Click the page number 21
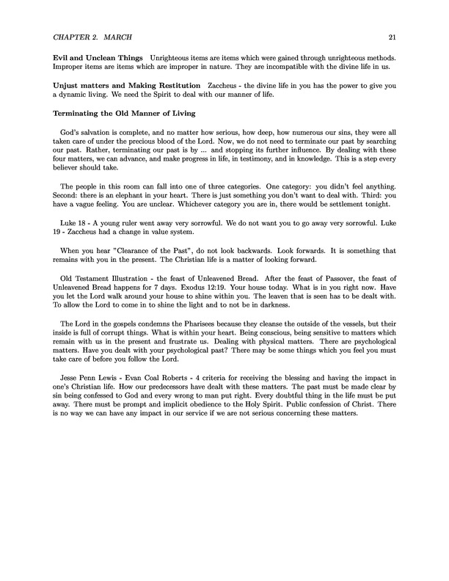click(394, 37)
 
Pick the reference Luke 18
click(75, 219)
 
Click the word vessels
click(361, 324)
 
